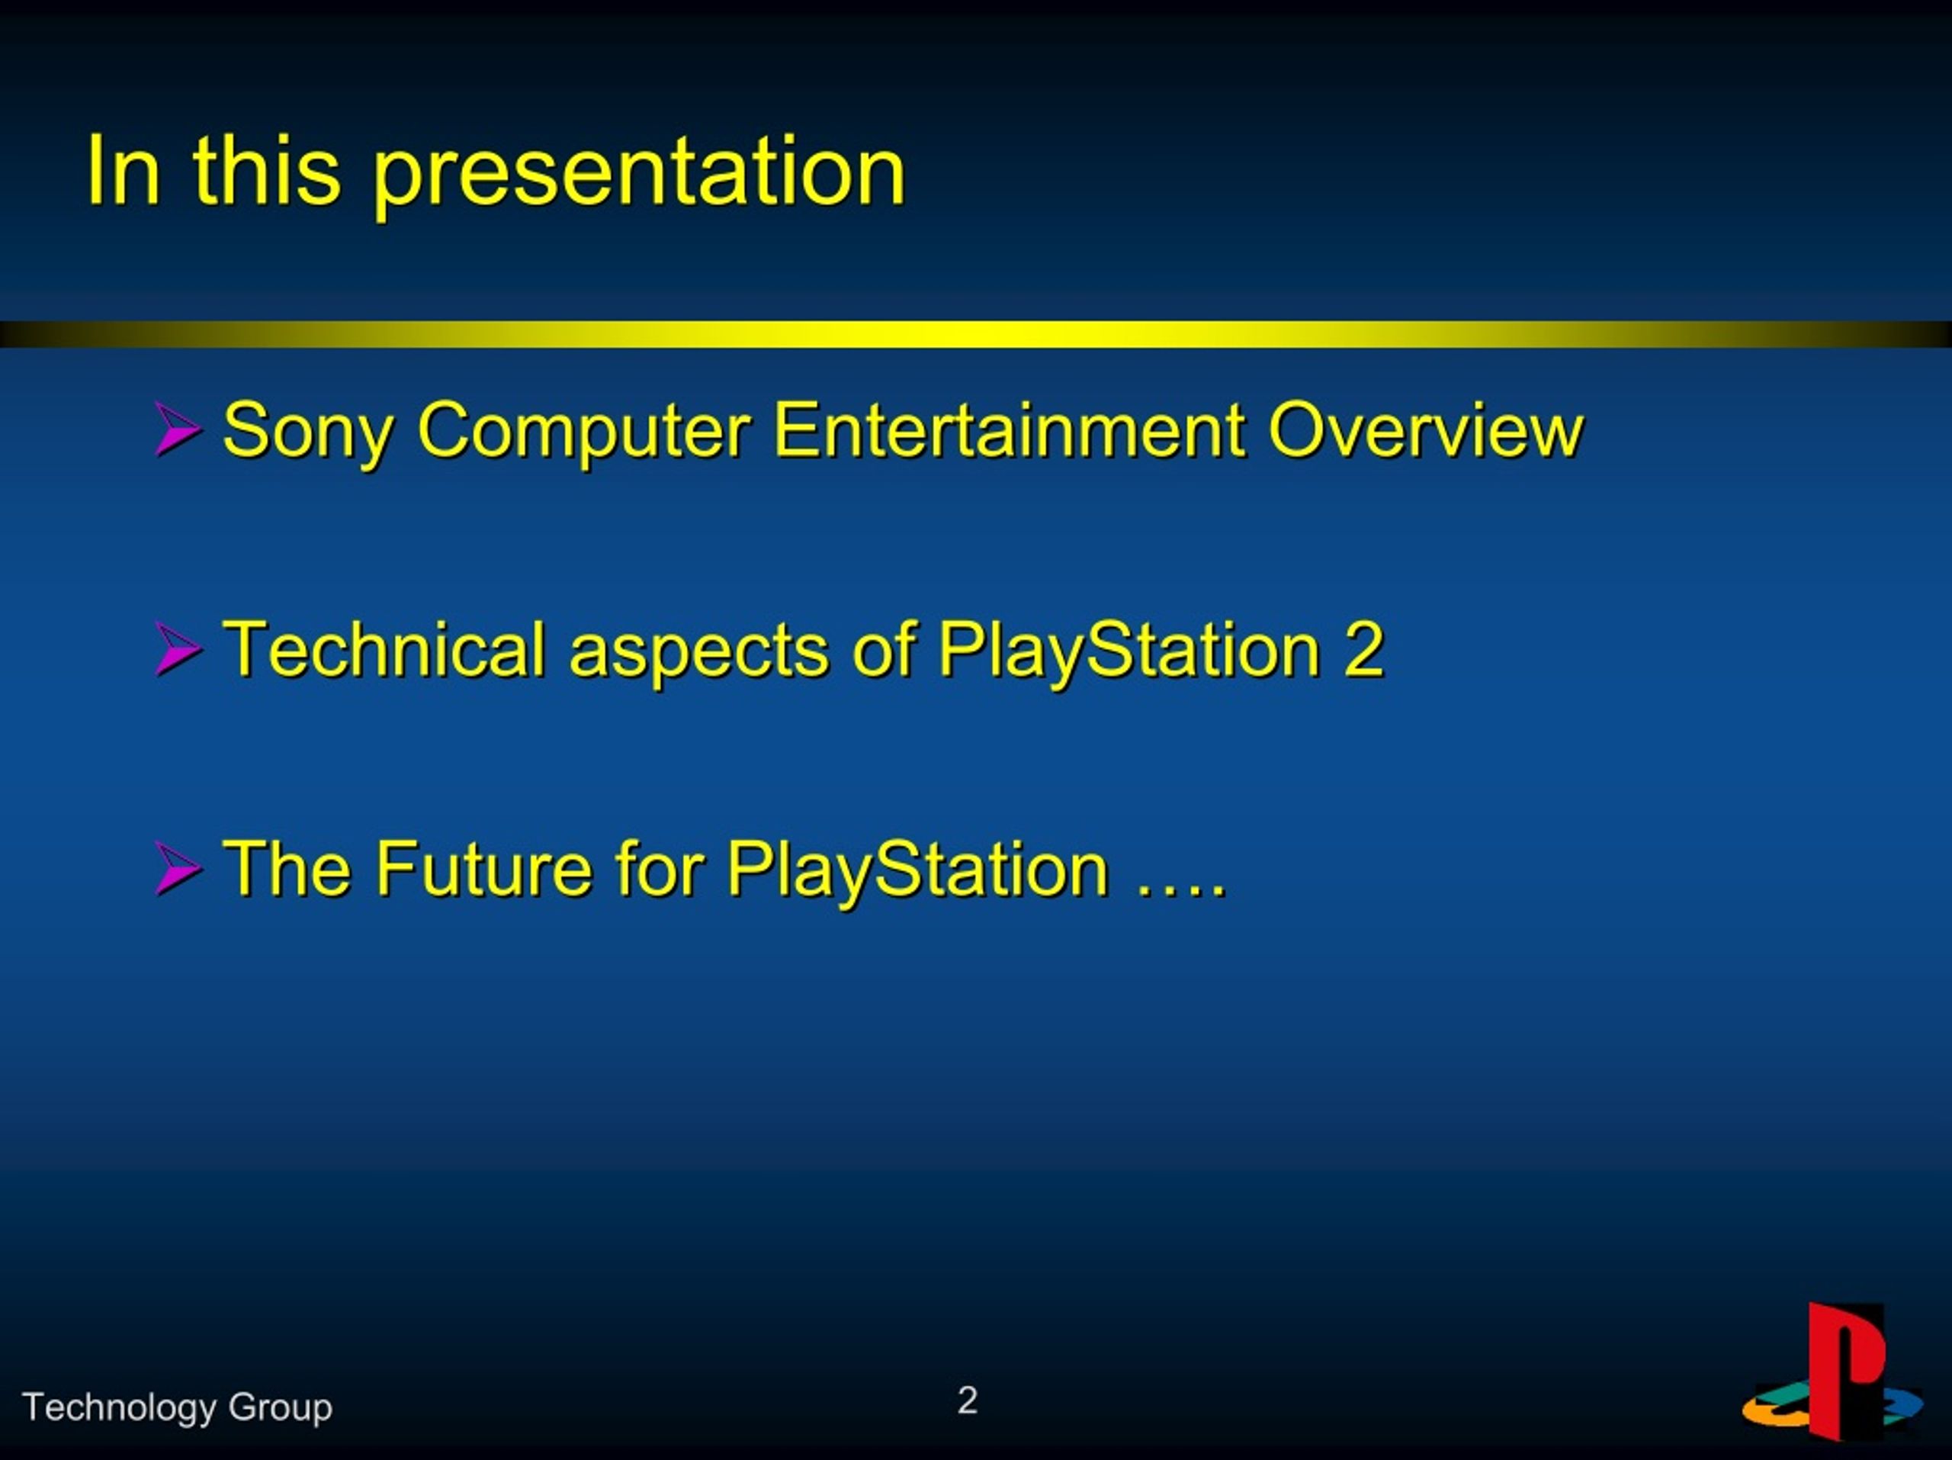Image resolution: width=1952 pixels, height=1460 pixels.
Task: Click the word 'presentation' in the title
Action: (x=640, y=173)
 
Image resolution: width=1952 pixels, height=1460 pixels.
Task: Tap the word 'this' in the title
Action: (x=267, y=169)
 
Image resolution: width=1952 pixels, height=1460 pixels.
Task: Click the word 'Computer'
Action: (x=584, y=432)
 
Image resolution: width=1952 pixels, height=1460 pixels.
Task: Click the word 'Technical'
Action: (x=385, y=649)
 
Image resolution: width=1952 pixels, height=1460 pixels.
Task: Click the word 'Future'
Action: (x=483, y=869)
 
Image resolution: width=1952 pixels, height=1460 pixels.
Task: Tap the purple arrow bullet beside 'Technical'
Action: (x=178, y=649)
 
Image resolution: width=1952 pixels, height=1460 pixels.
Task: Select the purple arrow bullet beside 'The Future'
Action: (x=178, y=869)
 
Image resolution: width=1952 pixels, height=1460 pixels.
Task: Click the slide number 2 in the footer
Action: (x=967, y=1400)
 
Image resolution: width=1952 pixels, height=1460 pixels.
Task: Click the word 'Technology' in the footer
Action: (x=119, y=1408)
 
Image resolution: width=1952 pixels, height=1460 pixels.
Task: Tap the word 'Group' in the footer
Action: (x=280, y=1408)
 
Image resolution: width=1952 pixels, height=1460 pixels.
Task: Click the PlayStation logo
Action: (x=1833, y=1371)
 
